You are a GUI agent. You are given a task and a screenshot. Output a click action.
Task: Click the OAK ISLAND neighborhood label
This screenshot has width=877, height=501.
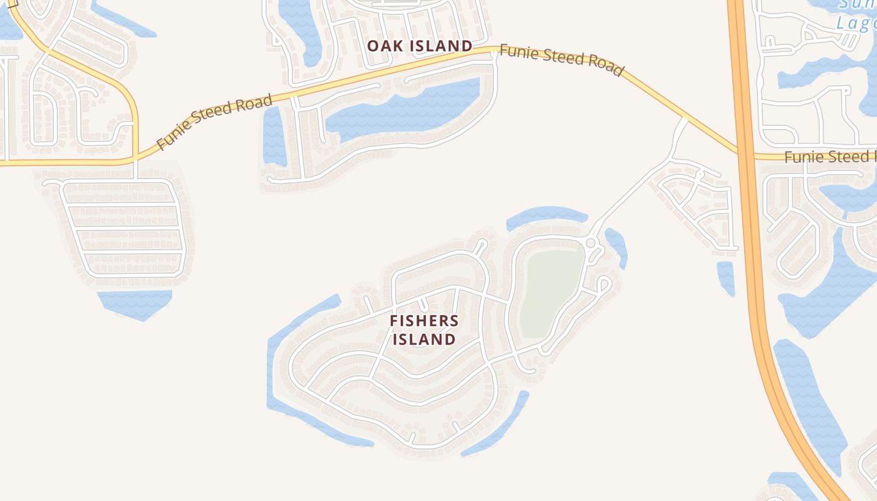[x=419, y=46]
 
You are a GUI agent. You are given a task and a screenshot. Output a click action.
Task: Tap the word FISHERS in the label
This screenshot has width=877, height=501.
[x=424, y=321]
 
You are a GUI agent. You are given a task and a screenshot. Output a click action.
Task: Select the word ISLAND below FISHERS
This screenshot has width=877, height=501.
[x=424, y=339]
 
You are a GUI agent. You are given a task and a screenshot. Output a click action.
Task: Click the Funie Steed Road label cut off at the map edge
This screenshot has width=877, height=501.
[x=830, y=156]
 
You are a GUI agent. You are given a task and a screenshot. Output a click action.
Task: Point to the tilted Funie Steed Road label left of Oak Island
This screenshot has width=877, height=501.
[x=214, y=121]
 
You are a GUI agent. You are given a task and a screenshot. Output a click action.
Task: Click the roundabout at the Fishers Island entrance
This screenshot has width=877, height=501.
[x=590, y=242]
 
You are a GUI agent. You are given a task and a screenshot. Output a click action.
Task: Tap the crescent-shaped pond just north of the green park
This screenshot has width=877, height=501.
[x=545, y=215]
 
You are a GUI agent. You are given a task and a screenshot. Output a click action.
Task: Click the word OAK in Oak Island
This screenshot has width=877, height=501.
[x=382, y=46]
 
